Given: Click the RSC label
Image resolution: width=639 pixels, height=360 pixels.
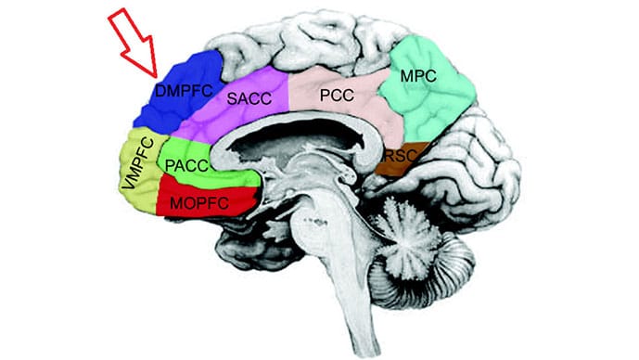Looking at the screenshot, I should pos(397,157).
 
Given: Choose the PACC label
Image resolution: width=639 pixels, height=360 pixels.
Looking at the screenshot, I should pos(188,165).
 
